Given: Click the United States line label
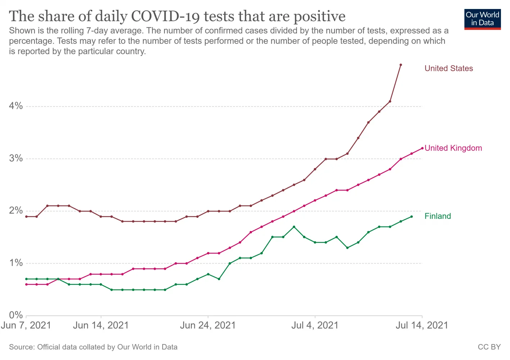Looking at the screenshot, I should point(448,68).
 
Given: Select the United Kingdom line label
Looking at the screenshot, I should point(453,148).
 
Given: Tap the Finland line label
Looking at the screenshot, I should point(438,216).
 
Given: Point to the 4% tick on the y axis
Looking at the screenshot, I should point(16,106).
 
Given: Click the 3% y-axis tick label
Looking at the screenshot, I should point(16,158).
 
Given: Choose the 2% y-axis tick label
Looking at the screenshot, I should point(16,211).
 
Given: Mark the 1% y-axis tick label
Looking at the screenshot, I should point(16,263).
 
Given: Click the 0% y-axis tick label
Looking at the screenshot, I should point(16,315).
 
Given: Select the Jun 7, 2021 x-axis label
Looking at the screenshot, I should point(26,325).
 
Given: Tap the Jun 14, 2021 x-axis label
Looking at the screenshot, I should point(101,325).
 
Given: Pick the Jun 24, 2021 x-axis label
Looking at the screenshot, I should point(208,325).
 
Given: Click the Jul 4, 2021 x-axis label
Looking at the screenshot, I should point(315,325).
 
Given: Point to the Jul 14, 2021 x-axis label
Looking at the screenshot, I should point(422,325).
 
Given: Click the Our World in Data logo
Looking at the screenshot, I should point(482,19).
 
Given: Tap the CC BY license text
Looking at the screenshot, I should point(489,347).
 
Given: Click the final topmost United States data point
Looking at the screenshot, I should point(401,65).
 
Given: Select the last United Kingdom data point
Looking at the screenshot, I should point(422,148).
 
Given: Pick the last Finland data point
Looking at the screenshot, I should point(411,216).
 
